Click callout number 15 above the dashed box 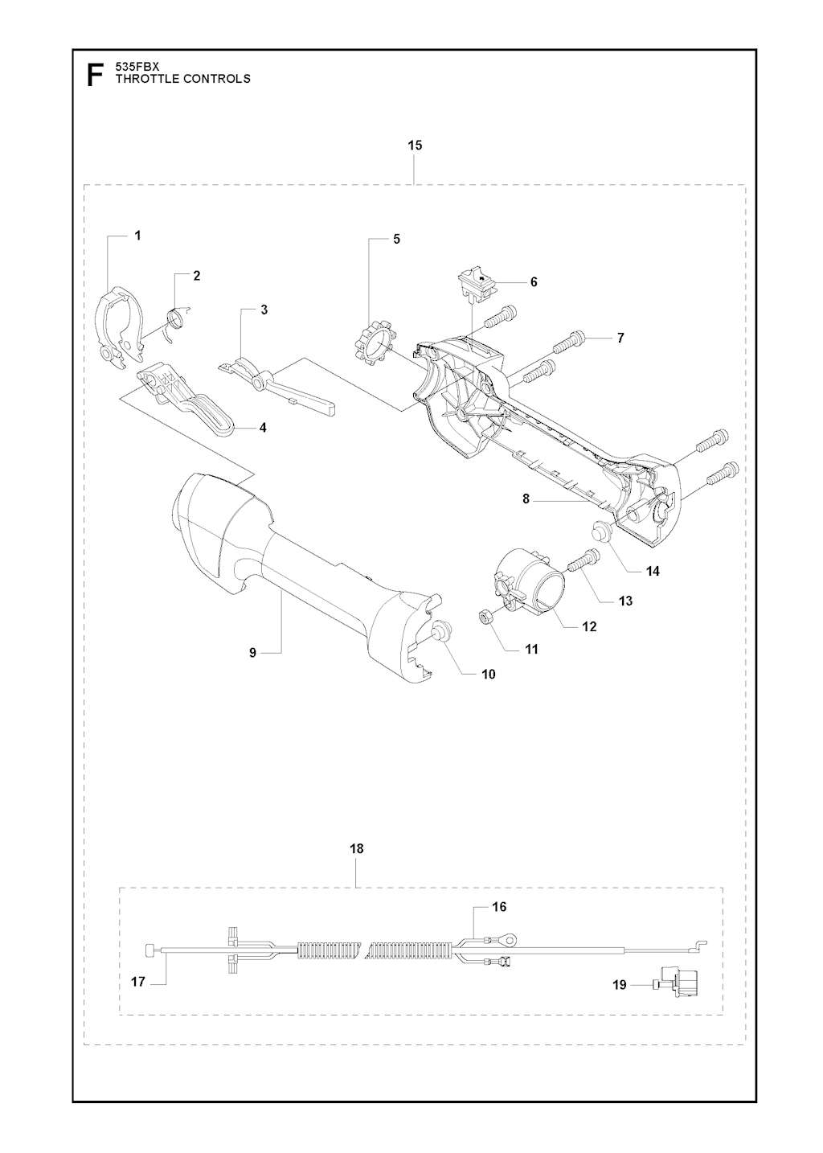point(415,146)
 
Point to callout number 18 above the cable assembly point(357,848)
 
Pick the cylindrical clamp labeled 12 point(527,582)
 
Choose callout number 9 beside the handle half point(252,652)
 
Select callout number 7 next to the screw point(620,338)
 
